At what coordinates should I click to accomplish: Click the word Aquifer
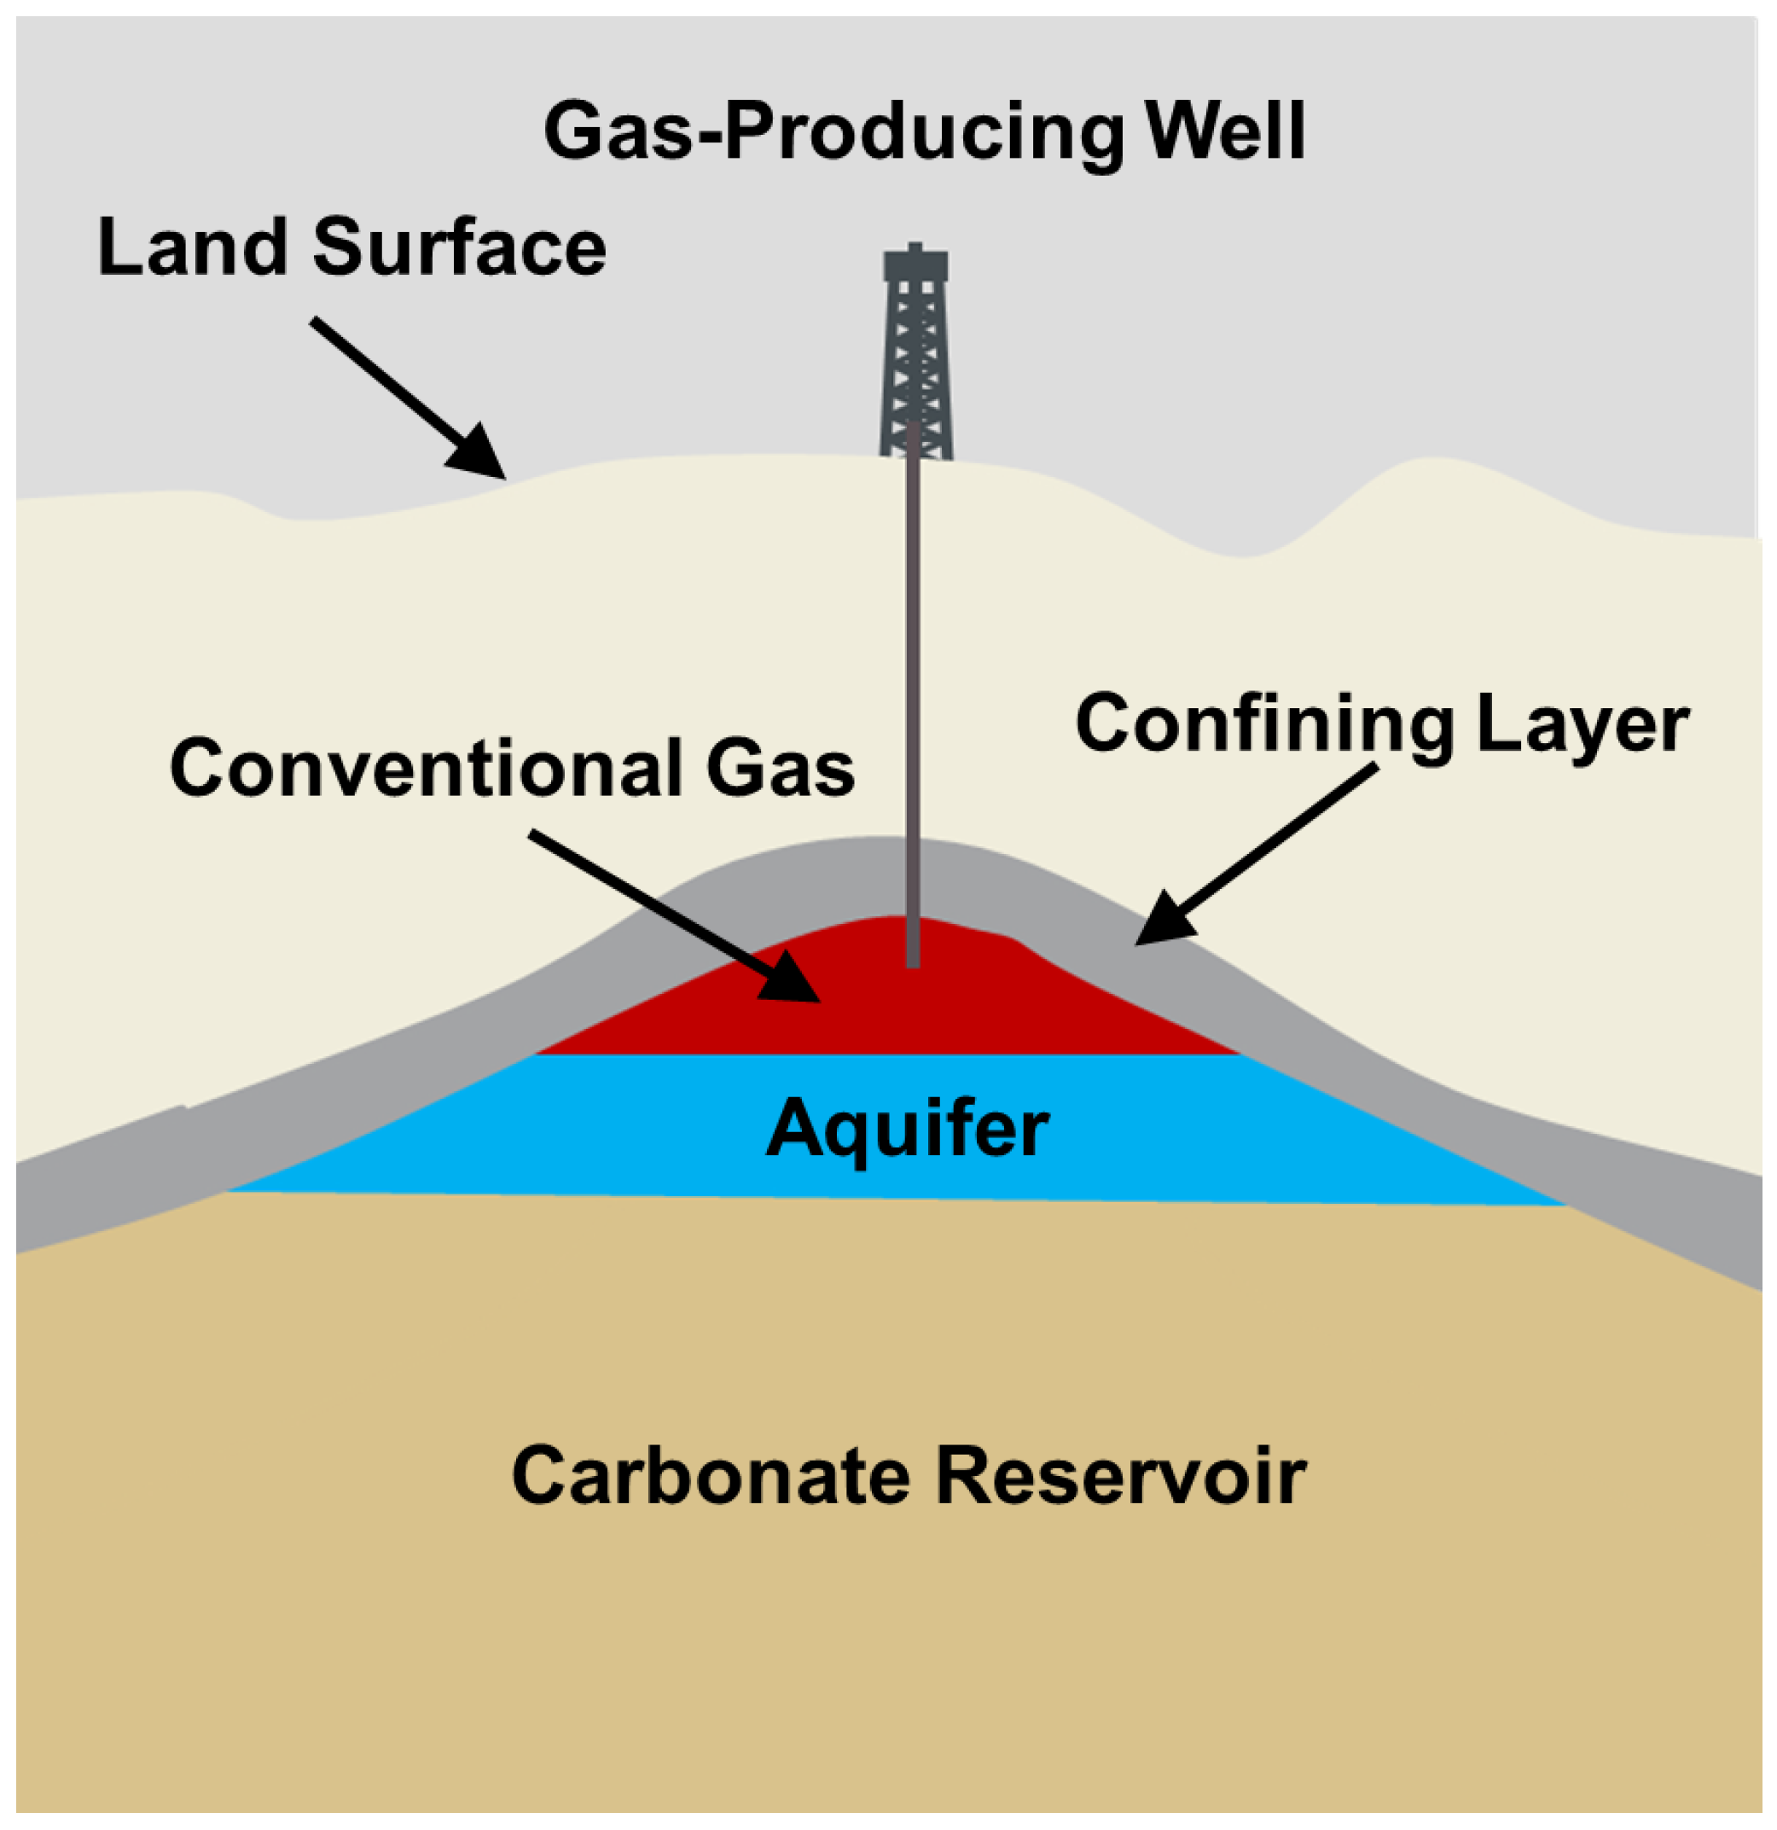pyautogui.click(x=908, y=1130)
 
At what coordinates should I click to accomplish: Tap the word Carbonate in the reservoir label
pyautogui.click(x=710, y=1477)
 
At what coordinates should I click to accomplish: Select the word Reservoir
pyautogui.click(x=1121, y=1477)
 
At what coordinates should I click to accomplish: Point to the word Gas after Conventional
pyautogui.click(x=780, y=768)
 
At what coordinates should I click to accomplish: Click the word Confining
pyautogui.click(x=1264, y=724)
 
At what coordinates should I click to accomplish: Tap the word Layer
pyautogui.click(x=1582, y=724)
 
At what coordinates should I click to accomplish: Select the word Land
pyautogui.click(x=192, y=247)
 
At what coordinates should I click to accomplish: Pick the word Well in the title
pyautogui.click(x=1225, y=131)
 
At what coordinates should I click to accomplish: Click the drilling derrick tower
pyautogui.click(x=915, y=364)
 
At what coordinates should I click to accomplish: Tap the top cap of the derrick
pyautogui.click(x=915, y=264)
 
